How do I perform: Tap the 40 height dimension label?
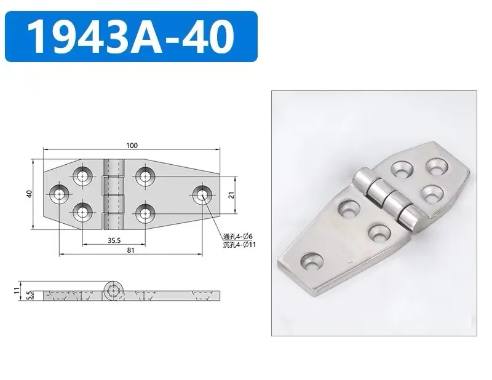[x=28, y=194]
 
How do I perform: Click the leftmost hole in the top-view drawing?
[x=59, y=195]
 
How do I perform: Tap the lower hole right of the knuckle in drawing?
[x=143, y=213]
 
